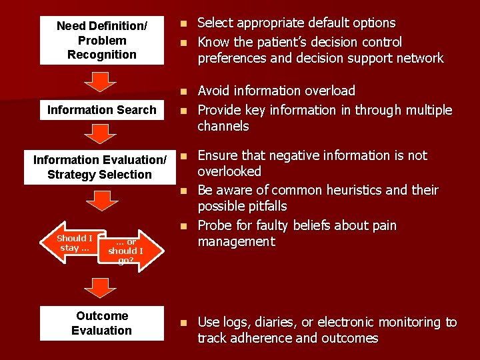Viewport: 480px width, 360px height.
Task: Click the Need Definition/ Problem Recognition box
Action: click(x=101, y=40)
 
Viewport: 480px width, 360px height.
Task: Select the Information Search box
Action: click(x=101, y=110)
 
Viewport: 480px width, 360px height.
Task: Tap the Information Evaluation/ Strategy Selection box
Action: click(x=100, y=167)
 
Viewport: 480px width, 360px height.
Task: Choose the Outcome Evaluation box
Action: click(x=101, y=323)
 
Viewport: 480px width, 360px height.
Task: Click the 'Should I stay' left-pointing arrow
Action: click(x=72, y=243)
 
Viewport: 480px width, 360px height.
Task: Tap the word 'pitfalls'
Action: click(x=262, y=207)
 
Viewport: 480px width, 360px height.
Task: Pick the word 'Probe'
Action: click(x=214, y=225)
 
